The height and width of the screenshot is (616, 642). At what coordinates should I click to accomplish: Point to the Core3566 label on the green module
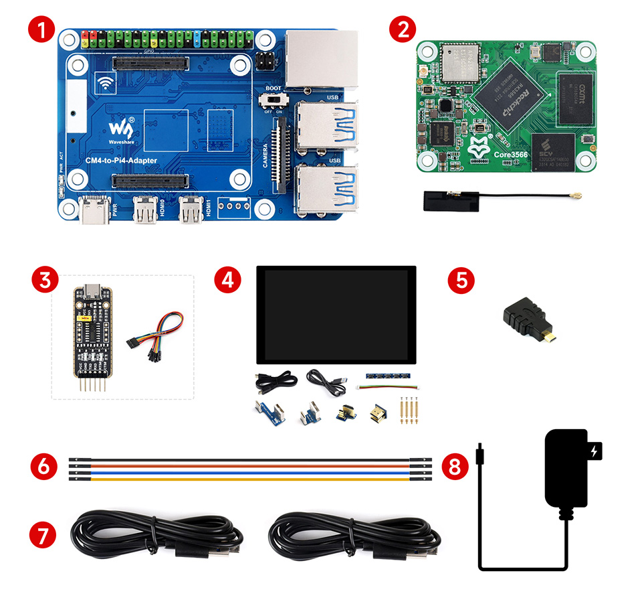(510, 155)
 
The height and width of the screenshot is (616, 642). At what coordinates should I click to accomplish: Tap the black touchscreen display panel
(336, 315)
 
